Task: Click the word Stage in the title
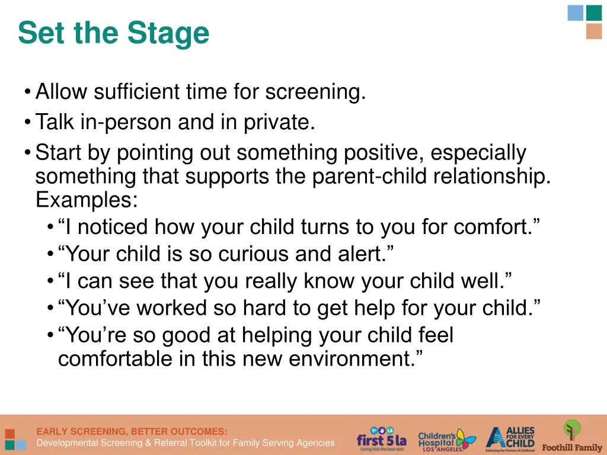click(172, 33)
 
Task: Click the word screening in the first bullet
click(314, 92)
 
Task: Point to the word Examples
click(86, 200)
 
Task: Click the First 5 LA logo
click(382, 439)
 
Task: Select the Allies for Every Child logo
click(510, 438)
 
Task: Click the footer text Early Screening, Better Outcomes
click(132, 431)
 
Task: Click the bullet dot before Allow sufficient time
click(28, 93)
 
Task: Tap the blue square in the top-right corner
click(575, 12)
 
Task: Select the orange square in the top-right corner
click(593, 31)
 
